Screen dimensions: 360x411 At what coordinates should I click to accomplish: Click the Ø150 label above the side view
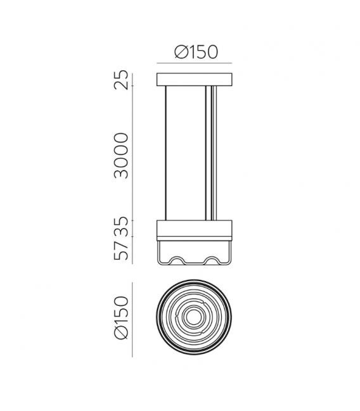196,52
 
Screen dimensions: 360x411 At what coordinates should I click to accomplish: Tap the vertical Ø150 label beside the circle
121,318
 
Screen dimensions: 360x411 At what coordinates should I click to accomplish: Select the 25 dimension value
121,80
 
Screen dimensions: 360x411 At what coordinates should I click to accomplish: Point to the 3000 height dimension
121,156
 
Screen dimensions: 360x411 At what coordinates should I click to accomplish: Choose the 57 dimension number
121,251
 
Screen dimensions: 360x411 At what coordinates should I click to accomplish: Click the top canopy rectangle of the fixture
195,80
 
